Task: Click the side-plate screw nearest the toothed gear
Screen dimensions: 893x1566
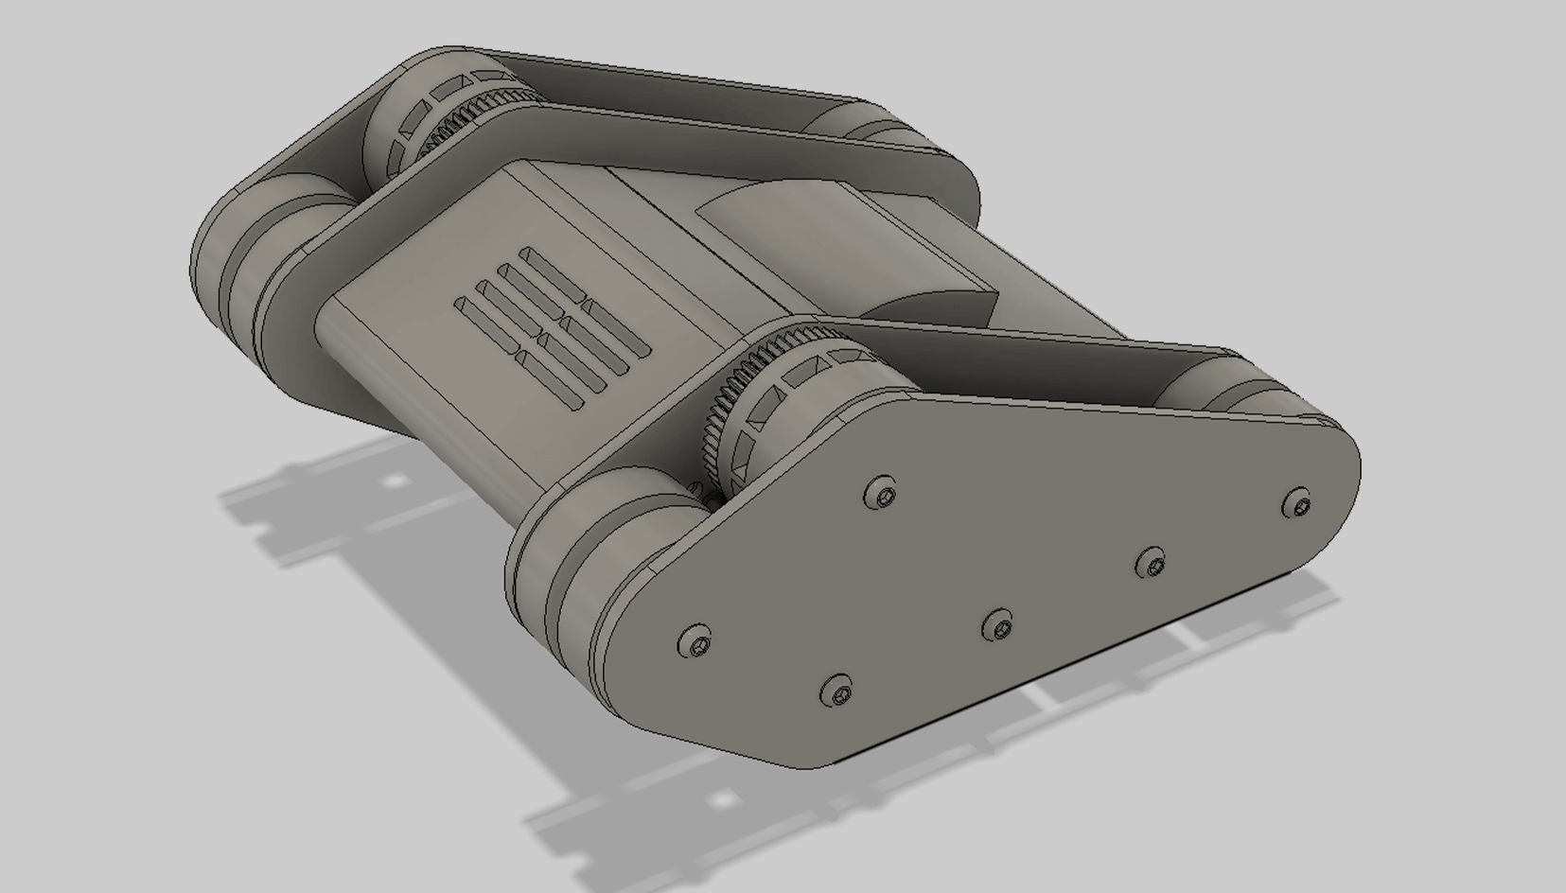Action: point(881,493)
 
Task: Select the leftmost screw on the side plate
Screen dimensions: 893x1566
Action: point(696,644)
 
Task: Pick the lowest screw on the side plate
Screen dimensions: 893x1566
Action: point(836,690)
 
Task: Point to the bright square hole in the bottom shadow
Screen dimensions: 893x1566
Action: point(723,800)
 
